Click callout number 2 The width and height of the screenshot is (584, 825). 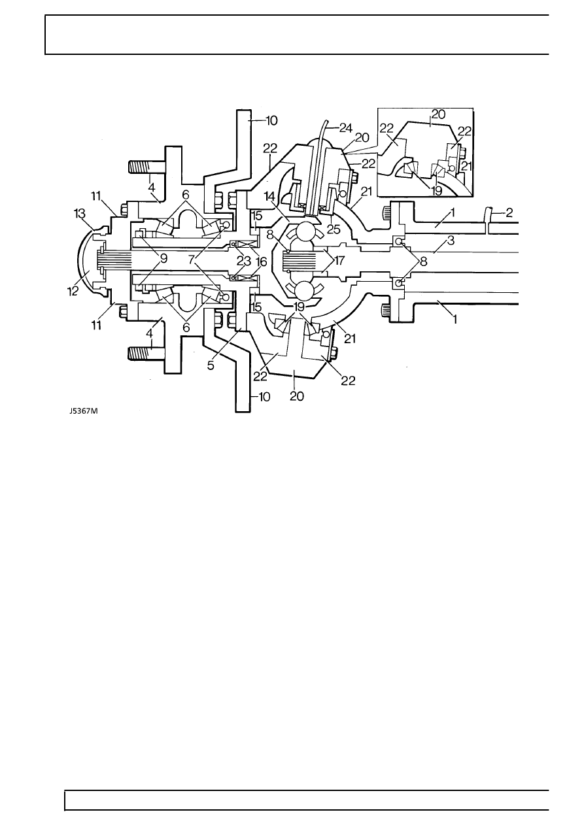509,213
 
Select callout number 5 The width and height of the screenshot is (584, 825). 211,365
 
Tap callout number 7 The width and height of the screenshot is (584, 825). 191,260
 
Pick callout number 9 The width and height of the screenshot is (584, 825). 163,259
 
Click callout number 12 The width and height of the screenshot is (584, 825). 73,291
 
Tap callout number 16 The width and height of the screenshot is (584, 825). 261,262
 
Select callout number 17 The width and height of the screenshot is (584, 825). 339,261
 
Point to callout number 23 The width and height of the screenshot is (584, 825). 243,261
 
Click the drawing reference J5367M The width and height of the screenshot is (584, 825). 84,411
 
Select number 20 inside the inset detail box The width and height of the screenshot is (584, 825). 438,114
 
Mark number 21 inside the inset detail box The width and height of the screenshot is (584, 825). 466,166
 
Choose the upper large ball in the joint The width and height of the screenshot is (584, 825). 305,231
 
